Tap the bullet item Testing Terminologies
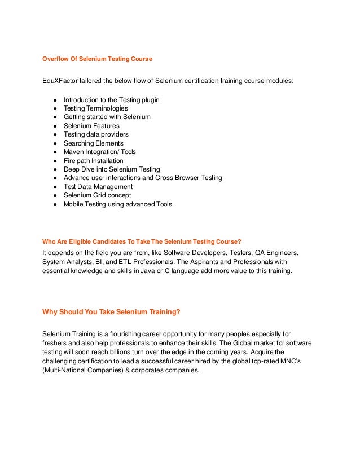click(x=95, y=108)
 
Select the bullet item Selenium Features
click(x=91, y=126)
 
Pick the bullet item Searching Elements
click(x=93, y=143)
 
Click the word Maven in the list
click(x=73, y=152)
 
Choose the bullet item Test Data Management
click(x=98, y=187)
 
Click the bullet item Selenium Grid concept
click(x=98, y=195)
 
